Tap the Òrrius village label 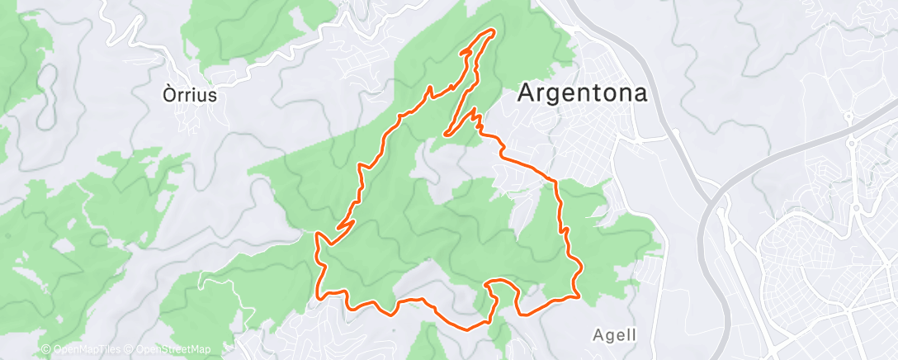click(190, 95)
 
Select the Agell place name click(615, 335)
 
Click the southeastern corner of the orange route click(575, 295)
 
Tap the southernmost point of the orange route click(468, 329)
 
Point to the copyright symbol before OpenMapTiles click(46, 350)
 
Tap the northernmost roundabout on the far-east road click(848, 118)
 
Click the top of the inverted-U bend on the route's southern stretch click(501, 282)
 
